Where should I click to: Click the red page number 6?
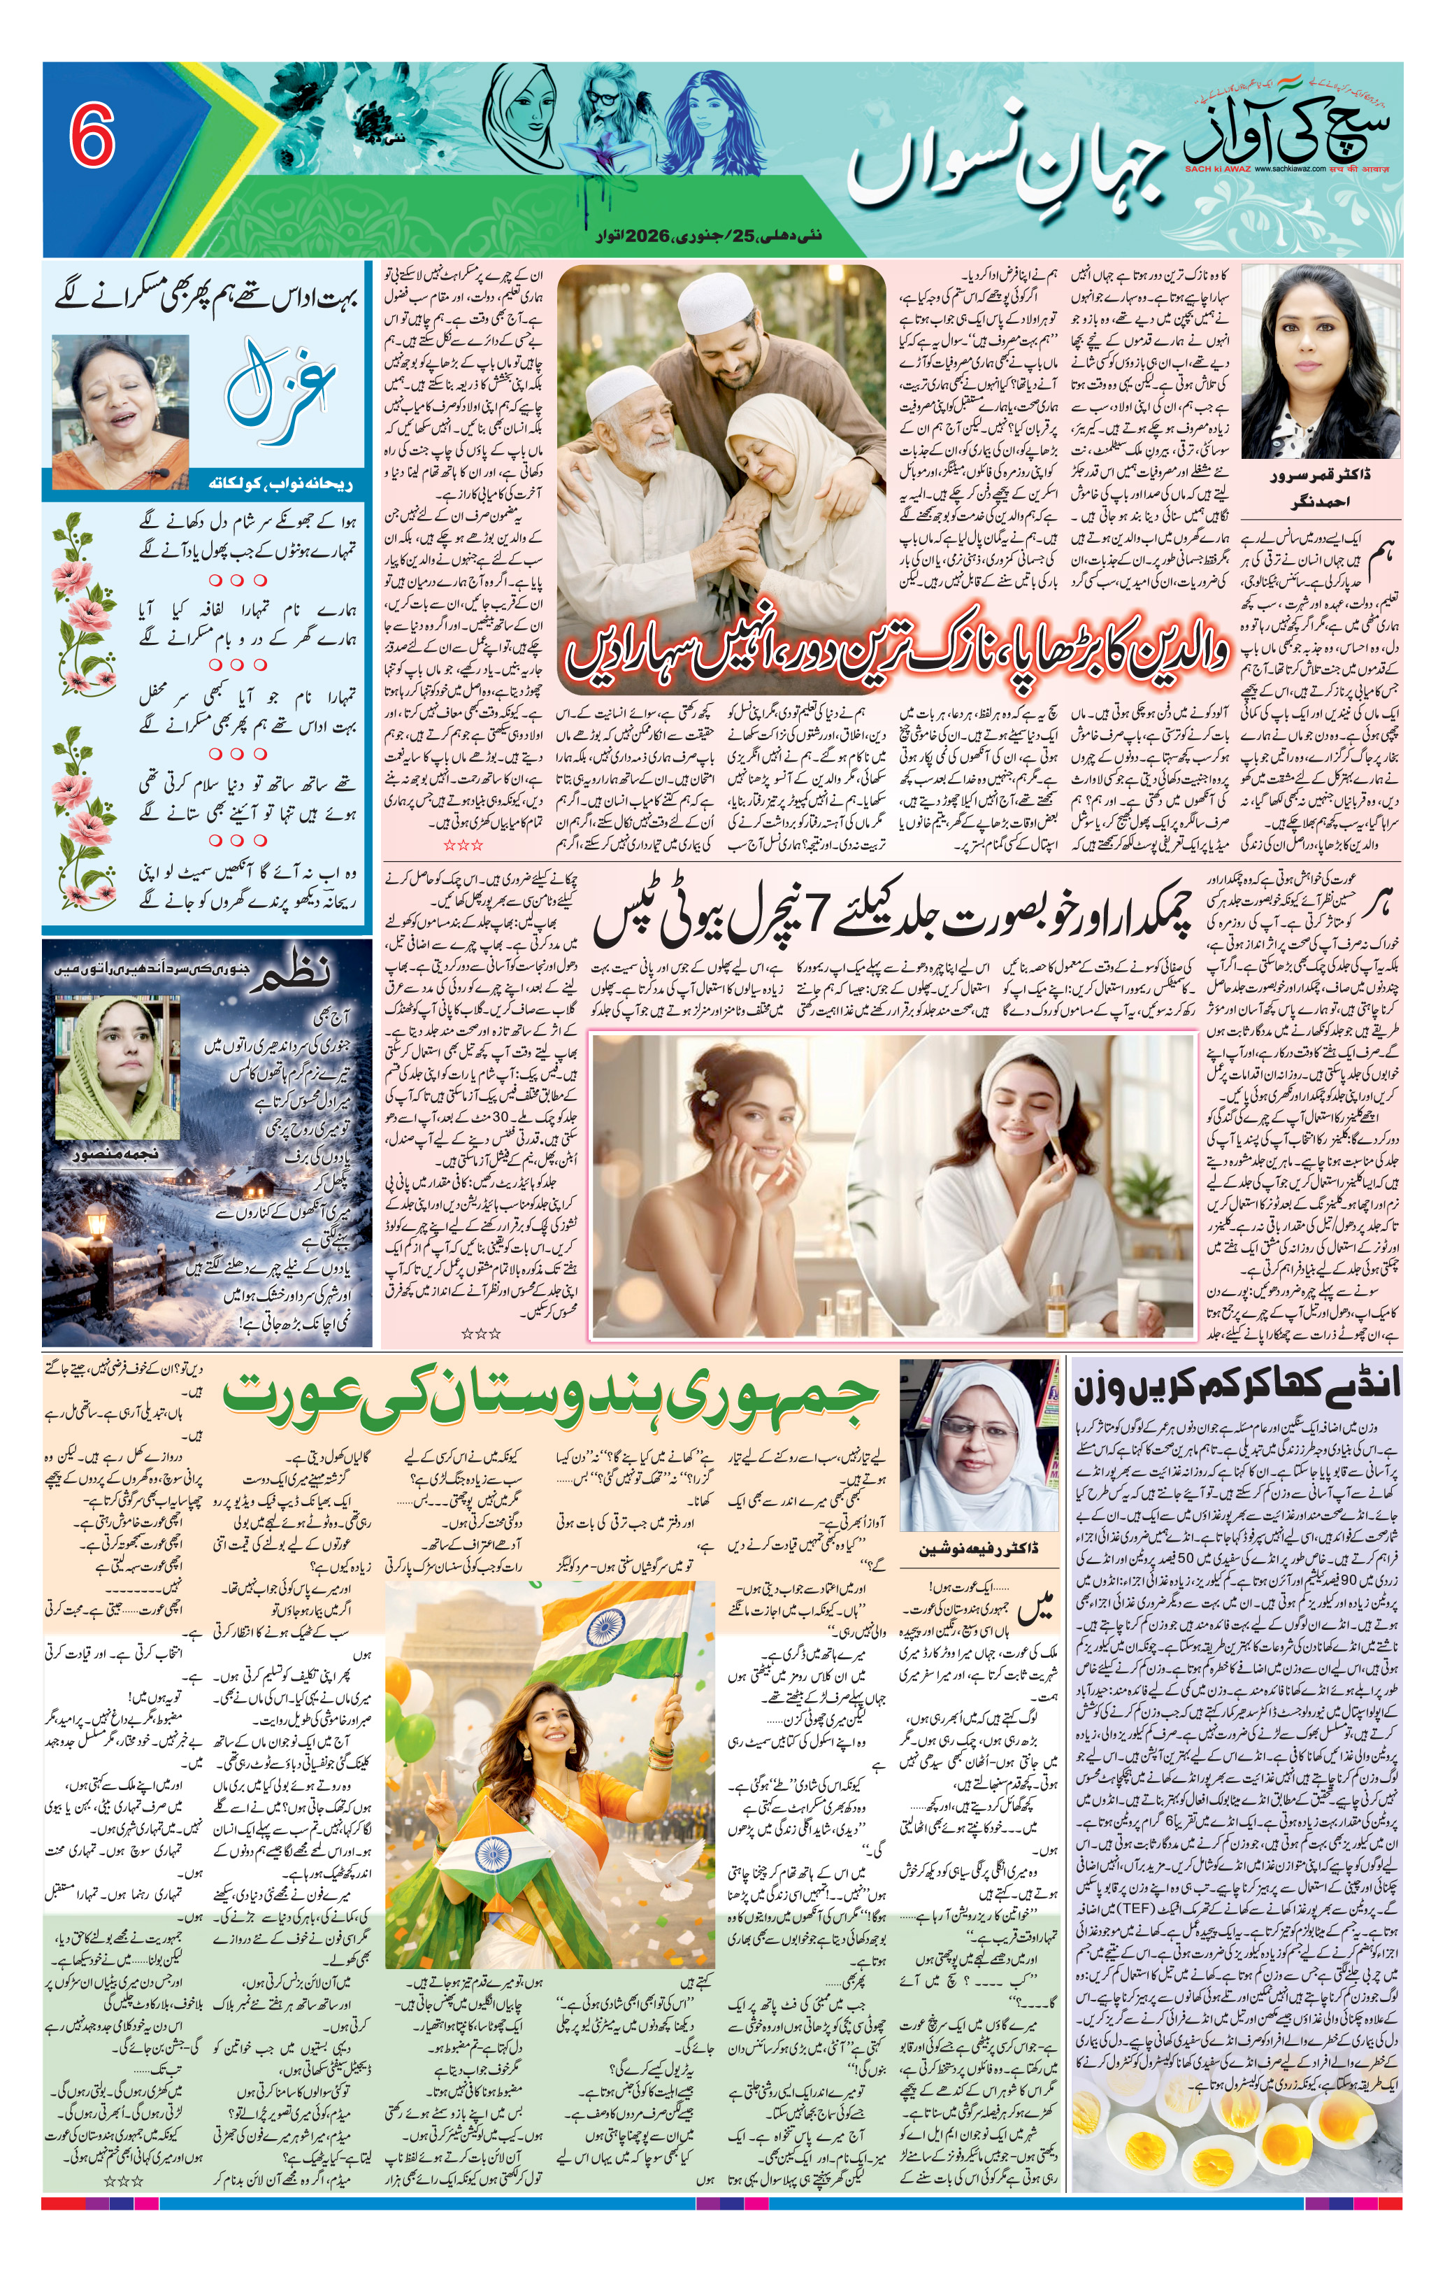pyautogui.click(x=92, y=135)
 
